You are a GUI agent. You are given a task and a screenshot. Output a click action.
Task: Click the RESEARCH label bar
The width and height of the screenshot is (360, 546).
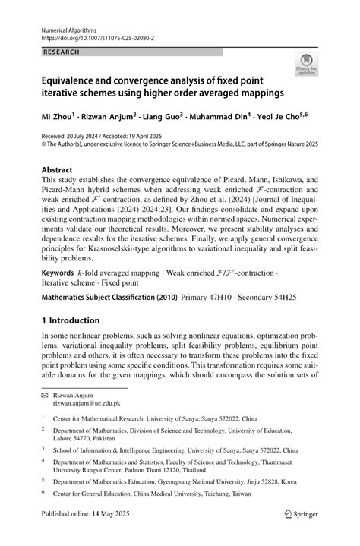coord(130,52)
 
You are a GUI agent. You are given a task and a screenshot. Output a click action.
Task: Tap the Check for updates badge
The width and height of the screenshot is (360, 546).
coord(308,66)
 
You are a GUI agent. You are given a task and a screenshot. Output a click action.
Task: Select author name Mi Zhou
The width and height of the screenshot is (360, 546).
coord(57,118)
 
